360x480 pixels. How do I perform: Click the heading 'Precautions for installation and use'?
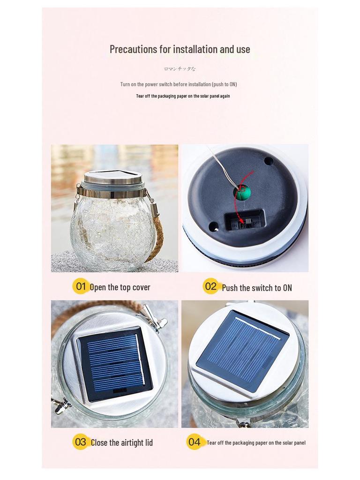point(180,49)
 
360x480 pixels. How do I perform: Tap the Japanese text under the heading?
point(180,69)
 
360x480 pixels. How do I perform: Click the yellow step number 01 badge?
point(81,286)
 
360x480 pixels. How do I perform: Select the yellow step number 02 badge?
point(211,286)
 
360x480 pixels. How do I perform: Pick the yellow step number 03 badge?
point(81,442)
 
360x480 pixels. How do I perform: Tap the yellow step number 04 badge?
point(194,442)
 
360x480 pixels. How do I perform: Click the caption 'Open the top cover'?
point(120,287)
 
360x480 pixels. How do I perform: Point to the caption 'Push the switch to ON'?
point(257,288)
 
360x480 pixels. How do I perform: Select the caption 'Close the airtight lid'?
point(122,442)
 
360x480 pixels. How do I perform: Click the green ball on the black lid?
point(242,192)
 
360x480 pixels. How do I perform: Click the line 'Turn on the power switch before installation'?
point(178,84)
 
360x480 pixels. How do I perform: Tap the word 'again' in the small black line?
point(225,96)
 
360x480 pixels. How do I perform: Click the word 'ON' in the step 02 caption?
point(287,288)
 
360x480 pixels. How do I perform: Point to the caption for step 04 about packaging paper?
point(256,442)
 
